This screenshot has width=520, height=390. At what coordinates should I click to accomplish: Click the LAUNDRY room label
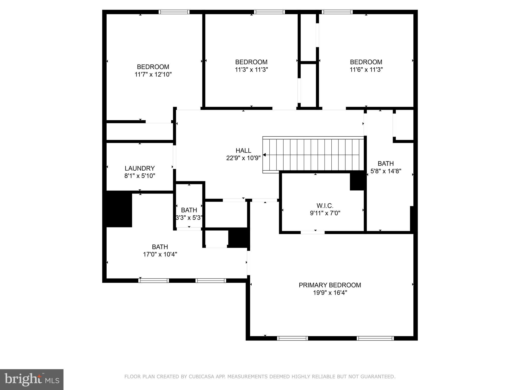(139, 168)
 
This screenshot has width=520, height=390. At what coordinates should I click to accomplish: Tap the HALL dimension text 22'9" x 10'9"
(243, 158)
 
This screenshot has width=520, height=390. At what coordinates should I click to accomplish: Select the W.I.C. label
(325, 205)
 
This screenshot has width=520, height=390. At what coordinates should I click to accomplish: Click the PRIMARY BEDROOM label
(330, 285)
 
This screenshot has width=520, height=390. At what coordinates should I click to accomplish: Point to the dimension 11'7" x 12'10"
(153, 74)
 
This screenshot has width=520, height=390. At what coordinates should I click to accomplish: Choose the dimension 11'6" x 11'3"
(366, 70)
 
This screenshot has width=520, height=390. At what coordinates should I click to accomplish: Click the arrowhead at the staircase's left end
(264, 155)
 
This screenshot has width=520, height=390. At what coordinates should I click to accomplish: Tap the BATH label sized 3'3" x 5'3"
(189, 210)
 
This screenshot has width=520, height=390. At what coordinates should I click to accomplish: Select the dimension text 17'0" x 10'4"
(160, 254)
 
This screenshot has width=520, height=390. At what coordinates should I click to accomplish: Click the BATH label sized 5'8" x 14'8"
(385, 164)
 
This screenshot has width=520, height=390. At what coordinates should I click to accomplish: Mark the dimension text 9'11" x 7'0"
(325, 213)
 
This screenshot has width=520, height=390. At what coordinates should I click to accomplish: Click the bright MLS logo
(31, 379)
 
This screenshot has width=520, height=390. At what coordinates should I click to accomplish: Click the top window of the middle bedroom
(269, 12)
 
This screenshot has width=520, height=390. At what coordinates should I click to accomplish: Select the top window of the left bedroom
(174, 12)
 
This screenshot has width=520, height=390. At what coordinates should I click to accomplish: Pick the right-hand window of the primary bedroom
(375, 338)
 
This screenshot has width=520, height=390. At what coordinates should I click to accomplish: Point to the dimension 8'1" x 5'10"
(139, 176)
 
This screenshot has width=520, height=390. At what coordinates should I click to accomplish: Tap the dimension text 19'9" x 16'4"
(330, 292)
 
